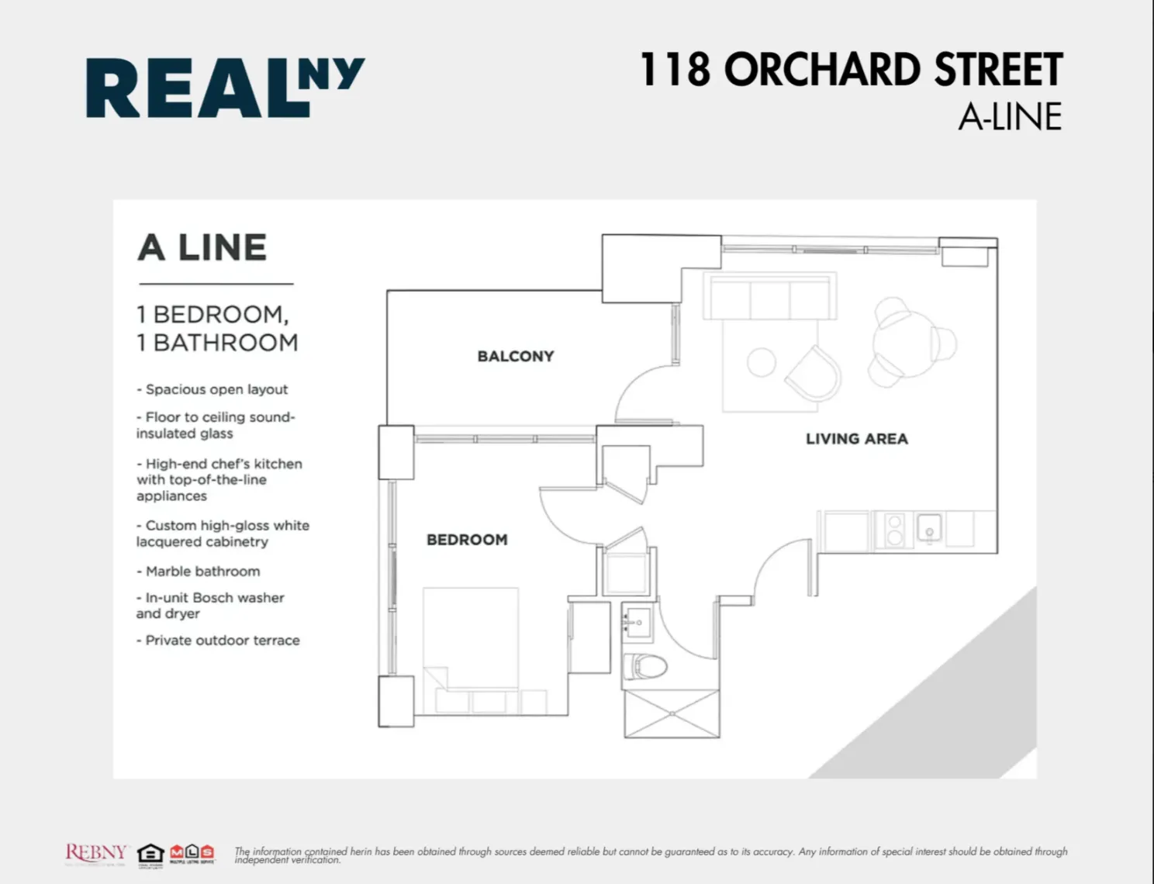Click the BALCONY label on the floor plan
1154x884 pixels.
[516, 356]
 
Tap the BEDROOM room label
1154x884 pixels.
[467, 540]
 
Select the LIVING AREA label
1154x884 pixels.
[856, 439]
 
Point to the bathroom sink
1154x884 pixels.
[637, 621]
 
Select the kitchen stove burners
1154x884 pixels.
[894, 530]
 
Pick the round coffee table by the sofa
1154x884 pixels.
[761, 362]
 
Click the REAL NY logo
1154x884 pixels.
[225, 87]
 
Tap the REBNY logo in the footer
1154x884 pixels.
[95, 853]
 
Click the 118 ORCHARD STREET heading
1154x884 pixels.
[851, 70]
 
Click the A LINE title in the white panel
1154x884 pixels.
[202, 247]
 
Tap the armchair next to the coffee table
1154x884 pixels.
[814, 373]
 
